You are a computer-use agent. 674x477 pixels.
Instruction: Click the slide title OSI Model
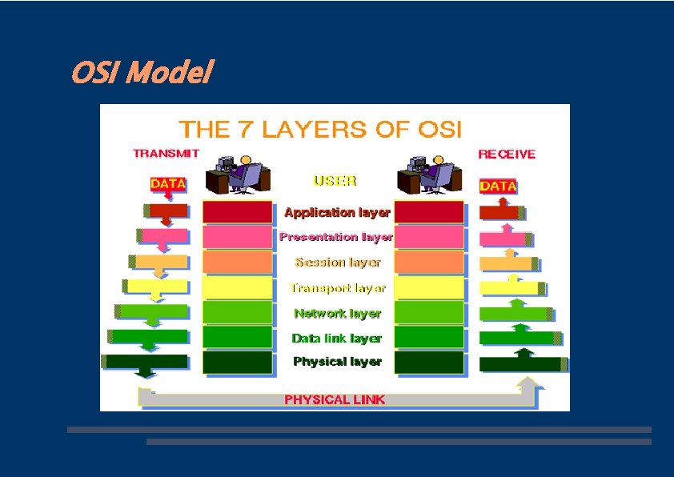pos(141,74)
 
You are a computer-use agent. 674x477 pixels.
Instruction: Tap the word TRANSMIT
pos(166,153)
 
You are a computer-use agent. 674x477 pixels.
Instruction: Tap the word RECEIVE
pos(507,154)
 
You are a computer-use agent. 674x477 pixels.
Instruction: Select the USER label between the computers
pos(335,180)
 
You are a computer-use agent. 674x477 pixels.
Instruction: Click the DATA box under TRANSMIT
pos(168,183)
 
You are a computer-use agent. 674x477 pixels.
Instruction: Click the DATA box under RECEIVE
pos(498,186)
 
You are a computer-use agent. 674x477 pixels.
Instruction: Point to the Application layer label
pos(337,212)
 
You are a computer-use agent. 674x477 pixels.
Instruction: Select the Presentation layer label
pos(336,237)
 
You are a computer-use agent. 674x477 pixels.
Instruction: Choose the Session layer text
pos(337,262)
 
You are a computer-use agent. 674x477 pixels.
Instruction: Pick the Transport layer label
pos(337,287)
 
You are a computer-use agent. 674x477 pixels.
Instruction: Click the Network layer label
pos(337,313)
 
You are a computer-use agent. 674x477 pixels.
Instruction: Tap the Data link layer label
pos(337,338)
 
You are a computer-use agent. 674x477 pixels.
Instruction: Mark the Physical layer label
pos(337,361)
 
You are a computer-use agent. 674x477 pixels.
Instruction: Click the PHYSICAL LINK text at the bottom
pos(335,399)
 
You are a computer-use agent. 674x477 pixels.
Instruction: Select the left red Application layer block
pos(237,212)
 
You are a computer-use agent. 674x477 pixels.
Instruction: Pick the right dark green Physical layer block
pos(429,363)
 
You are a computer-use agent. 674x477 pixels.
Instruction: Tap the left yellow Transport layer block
pos(237,287)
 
